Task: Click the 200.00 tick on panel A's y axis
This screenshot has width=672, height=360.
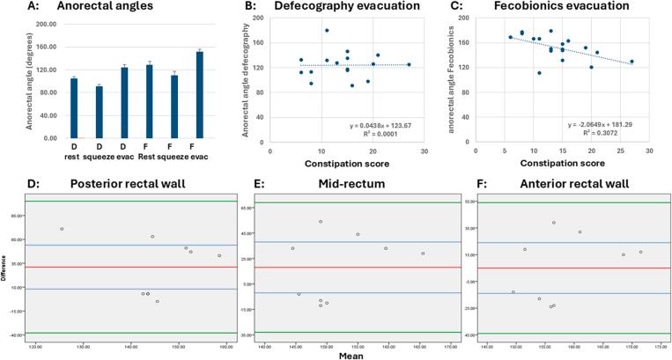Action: click(44, 26)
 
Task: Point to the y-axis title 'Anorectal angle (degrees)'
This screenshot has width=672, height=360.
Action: click(29, 82)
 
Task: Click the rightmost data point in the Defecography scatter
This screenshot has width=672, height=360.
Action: click(409, 64)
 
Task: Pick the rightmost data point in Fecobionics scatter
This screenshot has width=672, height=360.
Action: click(631, 62)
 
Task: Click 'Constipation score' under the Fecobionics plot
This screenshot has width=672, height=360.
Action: click(561, 164)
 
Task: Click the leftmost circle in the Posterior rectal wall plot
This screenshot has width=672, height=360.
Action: click(62, 229)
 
